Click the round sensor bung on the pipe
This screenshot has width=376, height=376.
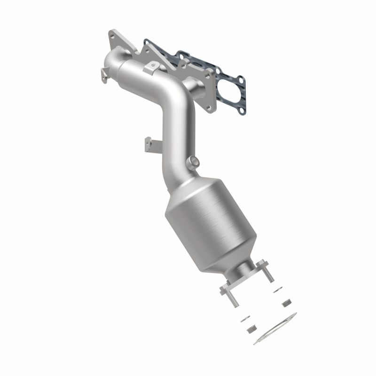tap(193, 162)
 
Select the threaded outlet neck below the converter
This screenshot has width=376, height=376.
tap(244, 271)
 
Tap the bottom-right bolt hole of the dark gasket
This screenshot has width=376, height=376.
tap(241, 111)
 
